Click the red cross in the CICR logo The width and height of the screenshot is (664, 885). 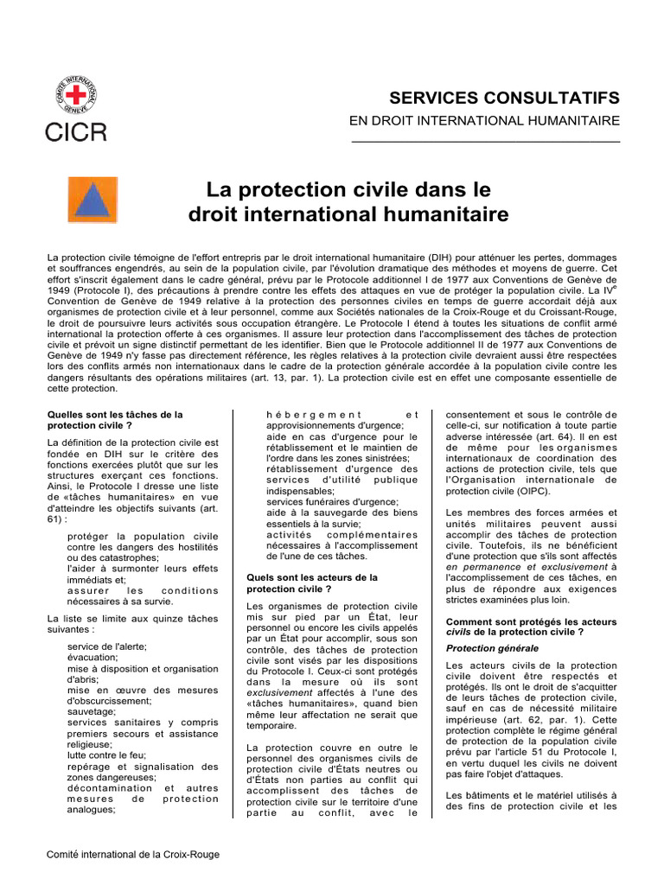[76, 94]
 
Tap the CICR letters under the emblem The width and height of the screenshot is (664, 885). [76, 132]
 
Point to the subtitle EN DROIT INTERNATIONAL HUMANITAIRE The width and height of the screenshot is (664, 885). [484, 120]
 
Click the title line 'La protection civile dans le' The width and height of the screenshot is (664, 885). [348, 188]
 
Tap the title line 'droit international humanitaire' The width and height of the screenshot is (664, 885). [348, 213]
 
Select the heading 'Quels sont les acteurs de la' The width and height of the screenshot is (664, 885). [312, 576]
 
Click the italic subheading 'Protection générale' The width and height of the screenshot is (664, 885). [492, 647]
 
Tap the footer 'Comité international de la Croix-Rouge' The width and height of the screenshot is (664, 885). [132, 855]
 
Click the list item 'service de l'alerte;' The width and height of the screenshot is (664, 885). [107, 646]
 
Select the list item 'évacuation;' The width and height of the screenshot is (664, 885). [93, 658]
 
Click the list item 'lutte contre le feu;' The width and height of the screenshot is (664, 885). [106, 754]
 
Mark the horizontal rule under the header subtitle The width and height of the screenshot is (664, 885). [484, 141]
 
